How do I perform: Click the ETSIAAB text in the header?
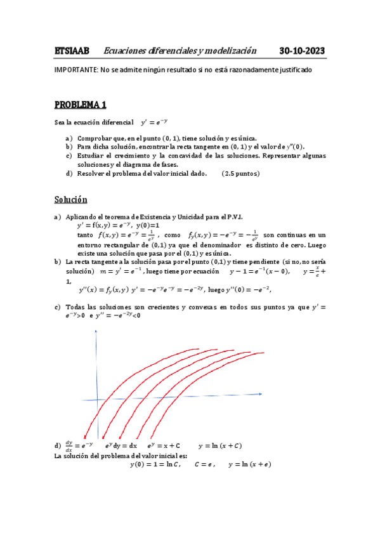(x=72, y=51)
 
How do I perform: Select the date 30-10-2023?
(x=303, y=51)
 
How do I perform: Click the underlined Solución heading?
(x=70, y=200)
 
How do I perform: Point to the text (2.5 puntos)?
(x=241, y=173)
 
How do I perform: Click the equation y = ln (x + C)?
(x=219, y=445)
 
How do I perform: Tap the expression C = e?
(x=205, y=464)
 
